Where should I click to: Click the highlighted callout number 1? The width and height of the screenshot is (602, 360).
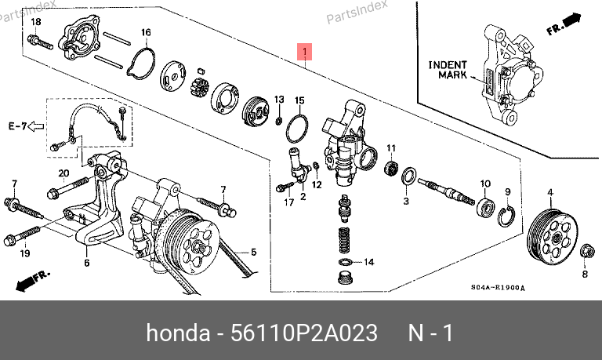pos(305,53)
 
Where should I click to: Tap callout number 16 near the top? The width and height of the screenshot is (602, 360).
pos(145,32)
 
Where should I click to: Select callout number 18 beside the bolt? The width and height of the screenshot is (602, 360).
pos(34,21)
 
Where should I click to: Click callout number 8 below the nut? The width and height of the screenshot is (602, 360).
pos(583,274)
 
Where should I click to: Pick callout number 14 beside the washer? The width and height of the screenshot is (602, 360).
pos(368,262)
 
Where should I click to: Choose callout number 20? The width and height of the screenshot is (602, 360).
pos(64,173)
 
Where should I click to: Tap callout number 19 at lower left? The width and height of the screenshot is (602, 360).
pos(24,253)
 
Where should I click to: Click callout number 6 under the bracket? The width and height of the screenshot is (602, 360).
pos(86,263)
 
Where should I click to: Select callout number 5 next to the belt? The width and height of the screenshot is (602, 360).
pos(254,253)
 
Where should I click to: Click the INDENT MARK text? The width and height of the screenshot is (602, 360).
pos(448,70)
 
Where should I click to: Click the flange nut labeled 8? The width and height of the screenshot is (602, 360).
pos(585,253)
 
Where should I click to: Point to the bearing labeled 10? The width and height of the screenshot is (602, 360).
pos(486,207)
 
